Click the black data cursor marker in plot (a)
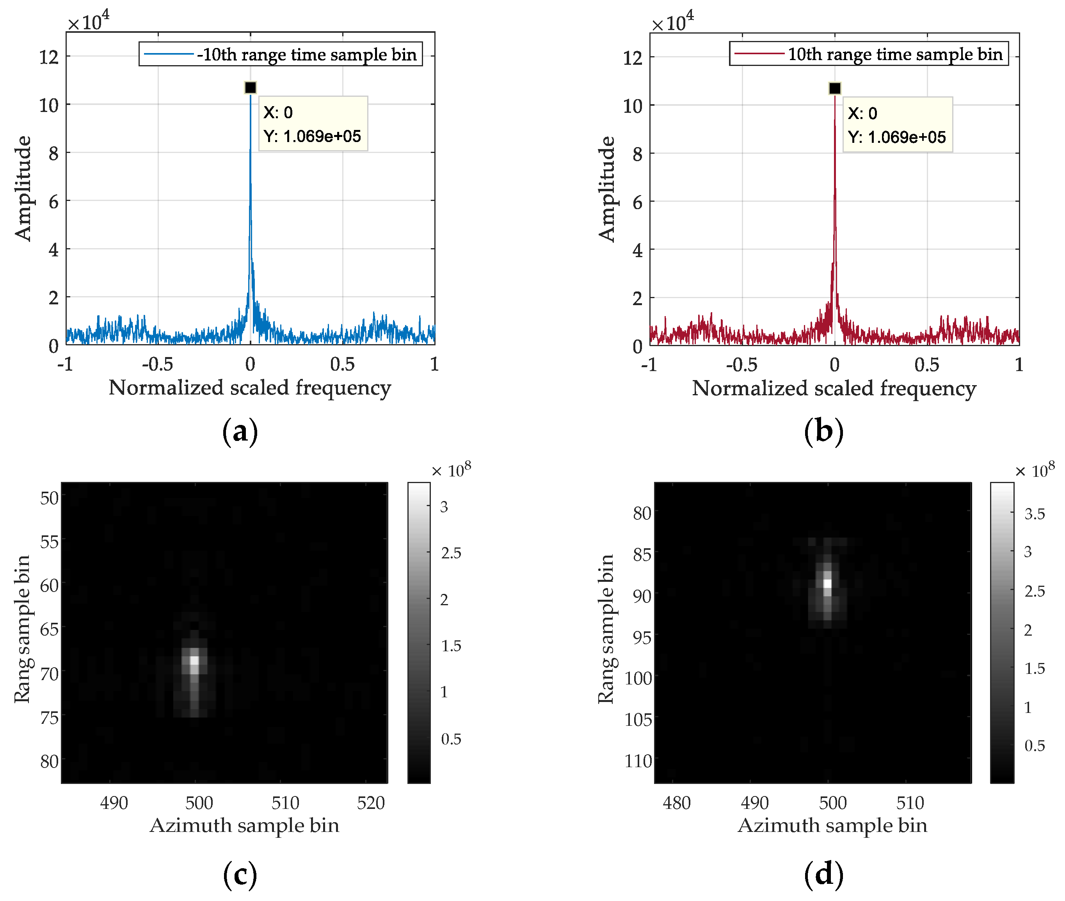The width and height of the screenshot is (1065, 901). pyautogui.click(x=250, y=88)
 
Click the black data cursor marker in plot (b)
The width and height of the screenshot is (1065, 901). pyautogui.click(x=835, y=88)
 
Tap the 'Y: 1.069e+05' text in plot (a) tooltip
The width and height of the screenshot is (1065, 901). pyautogui.click(x=311, y=136)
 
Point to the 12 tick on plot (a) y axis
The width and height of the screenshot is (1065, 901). pyautogui.click(x=50, y=57)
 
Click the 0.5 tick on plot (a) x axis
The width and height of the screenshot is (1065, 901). pyautogui.click(x=342, y=364)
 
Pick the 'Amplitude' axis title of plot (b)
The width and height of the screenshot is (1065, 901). pyautogui.click(x=606, y=189)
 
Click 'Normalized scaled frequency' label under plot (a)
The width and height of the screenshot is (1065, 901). pyautogui.click(x=250, y=387)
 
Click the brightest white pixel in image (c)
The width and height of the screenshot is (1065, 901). pyautogui.click(x=194, y=660)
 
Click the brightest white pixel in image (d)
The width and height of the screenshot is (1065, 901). pyautogui.click(x=827, y=583)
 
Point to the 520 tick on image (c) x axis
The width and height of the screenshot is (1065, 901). pyautogui.click(x=371, y=803)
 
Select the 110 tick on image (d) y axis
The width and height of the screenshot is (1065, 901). pyautogui.click(x=638, y=761)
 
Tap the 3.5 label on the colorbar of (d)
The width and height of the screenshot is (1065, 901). pyautogui.click(x=1034, y=514)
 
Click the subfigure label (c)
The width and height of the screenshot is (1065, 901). pyautogui.click(x=240, y=874)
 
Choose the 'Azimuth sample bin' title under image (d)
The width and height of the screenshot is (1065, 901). pyautogui.click(x=832, y=825)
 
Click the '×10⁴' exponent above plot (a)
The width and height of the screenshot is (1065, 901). pyautogui.click(x=88, y=21)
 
